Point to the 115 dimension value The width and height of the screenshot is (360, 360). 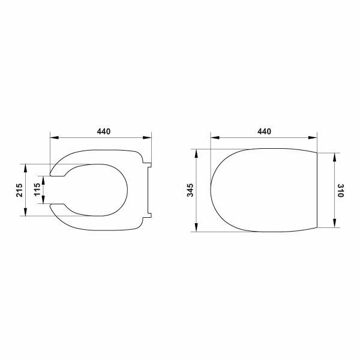[x=37, y=190]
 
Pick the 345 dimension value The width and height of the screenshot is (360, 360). [x=190, y=190]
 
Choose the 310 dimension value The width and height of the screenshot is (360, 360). [x=341, y=190]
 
